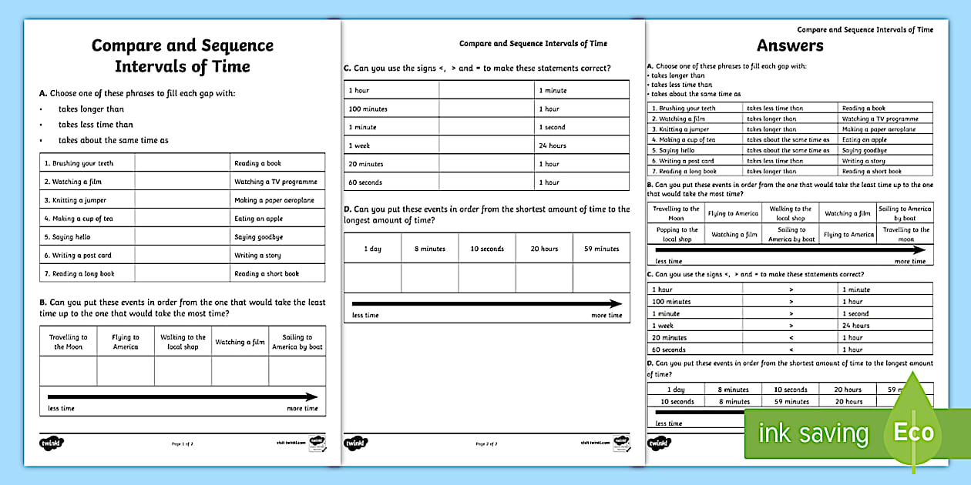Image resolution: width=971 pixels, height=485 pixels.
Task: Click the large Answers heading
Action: coord(790,45)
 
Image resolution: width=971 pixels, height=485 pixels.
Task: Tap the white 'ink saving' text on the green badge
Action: coord(813,433)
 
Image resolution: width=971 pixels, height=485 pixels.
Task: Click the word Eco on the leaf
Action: coord(913,433)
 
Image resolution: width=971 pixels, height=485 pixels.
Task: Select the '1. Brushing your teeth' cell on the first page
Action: coord(79,163)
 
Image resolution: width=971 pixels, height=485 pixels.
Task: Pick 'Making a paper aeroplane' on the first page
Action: coord(274,200)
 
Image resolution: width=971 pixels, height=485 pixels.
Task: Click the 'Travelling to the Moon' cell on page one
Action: coord(69,342)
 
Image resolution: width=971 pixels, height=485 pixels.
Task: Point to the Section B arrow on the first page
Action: coord(183,397)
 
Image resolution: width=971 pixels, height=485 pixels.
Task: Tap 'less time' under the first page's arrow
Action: coord(61,409)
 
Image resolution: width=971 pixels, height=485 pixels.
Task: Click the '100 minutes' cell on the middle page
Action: coord(368,109)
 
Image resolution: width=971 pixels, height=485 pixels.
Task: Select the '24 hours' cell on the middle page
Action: coord(553,145)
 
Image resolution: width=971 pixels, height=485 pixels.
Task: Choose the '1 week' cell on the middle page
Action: coord(360,145)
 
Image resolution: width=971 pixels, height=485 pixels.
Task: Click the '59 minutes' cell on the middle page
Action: coord(601,249)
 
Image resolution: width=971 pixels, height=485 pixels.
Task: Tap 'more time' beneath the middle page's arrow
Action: coord(606,316)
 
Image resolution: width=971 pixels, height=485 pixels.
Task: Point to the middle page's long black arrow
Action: coord(486,304)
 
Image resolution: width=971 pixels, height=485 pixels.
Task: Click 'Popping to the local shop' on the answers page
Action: coord(677,235)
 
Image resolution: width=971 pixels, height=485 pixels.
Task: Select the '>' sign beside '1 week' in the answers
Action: coord(791,326)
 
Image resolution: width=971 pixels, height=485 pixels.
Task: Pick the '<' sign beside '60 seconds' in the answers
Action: coord(791,350)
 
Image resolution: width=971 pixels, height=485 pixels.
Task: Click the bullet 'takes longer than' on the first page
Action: coord(91,109)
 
